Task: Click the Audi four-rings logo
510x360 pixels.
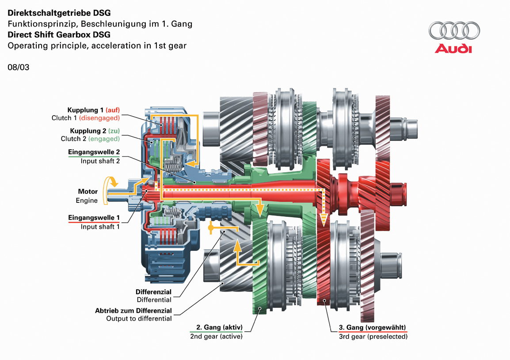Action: [454, 31]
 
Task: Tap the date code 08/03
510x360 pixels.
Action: [19, 68]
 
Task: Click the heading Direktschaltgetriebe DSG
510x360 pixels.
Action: [59, 13]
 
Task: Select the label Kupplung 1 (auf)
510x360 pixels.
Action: [93, 110]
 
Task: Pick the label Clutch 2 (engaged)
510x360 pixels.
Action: [90, 139]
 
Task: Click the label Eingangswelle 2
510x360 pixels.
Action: [94, 152]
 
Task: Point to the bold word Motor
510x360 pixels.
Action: [88, 192]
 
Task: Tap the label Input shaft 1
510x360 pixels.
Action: [100, 227]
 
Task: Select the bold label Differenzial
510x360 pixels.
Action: [153, 292]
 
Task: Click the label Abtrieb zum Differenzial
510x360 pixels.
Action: [133, 311]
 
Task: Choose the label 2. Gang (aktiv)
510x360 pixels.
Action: [216, 327]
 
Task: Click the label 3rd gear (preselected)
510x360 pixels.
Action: [373, 336]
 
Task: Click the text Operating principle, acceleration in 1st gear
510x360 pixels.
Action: [97, 45]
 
